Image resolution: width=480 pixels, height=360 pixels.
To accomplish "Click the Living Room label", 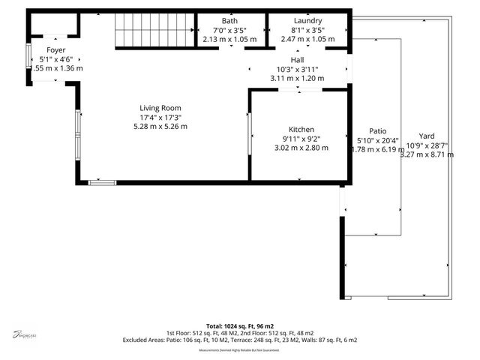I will pyautogui.click(x=160, y=108).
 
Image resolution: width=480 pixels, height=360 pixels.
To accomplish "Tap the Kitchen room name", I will pyautogui.click(x=298, y=130).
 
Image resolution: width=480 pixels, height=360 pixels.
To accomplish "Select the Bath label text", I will pyautogui.click(x=229, y=21).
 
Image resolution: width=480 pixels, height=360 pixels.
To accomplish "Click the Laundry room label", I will pyautogui.click(x=307, y=21).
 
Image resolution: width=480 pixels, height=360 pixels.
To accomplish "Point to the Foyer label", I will pyautogui.click(x=55, y=50).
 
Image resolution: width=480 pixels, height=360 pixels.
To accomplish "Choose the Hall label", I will pyautogui.click(x=297, y=59).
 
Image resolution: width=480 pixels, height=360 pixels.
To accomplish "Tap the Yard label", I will pyautogui.click(x=426, y=136).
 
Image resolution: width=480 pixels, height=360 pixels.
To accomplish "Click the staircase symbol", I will pyautogui.click(x=154, y=32).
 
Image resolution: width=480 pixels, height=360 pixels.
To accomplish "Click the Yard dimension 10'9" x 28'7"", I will pyautogui.click(x=426, y=145).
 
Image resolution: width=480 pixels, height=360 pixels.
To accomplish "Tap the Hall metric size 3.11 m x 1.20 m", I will pyautogui.click(x=297, y=78).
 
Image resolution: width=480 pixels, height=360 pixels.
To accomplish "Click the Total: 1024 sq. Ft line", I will pyautogui.click(x=240, y=325).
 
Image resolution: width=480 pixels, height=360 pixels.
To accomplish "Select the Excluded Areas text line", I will pyautogui.click(x=240, y=340).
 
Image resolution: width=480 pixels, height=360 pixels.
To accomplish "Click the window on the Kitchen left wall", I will pyautogui.click(x=249, y=133).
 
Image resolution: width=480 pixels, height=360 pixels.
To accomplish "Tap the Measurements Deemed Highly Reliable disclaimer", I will pyautogui.click(x=239, y=350).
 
